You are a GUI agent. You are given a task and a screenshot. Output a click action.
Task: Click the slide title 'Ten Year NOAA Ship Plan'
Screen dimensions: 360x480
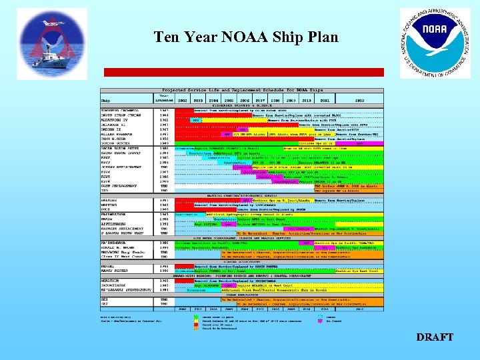pos(246,37)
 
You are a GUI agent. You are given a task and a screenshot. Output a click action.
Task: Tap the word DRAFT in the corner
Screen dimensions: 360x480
pos(434,337)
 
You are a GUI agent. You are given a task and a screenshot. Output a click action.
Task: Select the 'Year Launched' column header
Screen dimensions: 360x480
pos(164,98)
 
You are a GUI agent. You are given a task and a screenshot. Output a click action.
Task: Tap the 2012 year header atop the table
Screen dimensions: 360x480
pos(359,100)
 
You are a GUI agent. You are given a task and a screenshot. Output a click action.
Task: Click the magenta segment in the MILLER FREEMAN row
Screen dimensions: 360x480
pos(208,134)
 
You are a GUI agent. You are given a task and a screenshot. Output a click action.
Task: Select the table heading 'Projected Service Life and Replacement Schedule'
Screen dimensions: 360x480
pos(243,89)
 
